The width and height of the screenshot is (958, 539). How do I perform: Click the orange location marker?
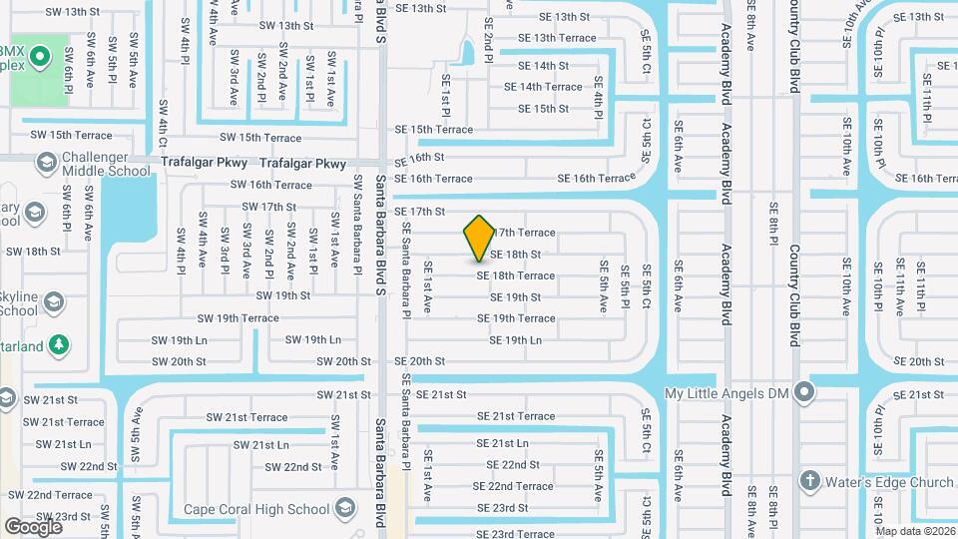[x=479, y=238]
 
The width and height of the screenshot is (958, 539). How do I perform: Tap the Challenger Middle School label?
[x=107, y=164]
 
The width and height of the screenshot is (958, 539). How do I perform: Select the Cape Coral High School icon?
[x=344, y=509]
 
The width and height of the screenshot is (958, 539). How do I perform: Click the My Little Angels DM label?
[x=726, y=394]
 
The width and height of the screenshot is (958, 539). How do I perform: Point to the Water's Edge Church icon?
[x=809, y=482]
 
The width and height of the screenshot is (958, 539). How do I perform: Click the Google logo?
[x=33, y=526]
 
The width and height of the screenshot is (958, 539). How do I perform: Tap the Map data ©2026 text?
[x=914, y=531]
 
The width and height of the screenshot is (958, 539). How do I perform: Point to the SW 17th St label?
[x=269, y=207]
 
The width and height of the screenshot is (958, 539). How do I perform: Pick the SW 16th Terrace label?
[x=270, y=185]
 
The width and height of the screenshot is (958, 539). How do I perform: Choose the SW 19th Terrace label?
[x=238, y=318]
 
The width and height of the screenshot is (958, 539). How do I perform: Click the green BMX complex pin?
[x=39, y=56]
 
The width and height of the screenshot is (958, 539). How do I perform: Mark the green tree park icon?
[x=59, y=343]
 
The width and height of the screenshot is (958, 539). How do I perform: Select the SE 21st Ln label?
[x=509, y=443]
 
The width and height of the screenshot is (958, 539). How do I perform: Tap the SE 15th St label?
[x=544, y=109]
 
